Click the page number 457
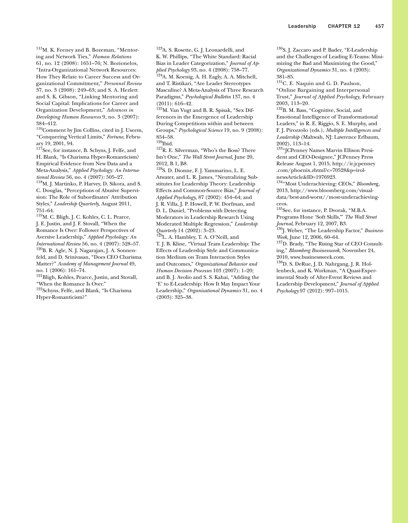coord(379,26)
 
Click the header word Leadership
coord(302,26)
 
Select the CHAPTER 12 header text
coord(344,26)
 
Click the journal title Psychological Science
coord(201,130)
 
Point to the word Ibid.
coord(168,144)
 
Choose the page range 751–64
coord(45,210)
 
